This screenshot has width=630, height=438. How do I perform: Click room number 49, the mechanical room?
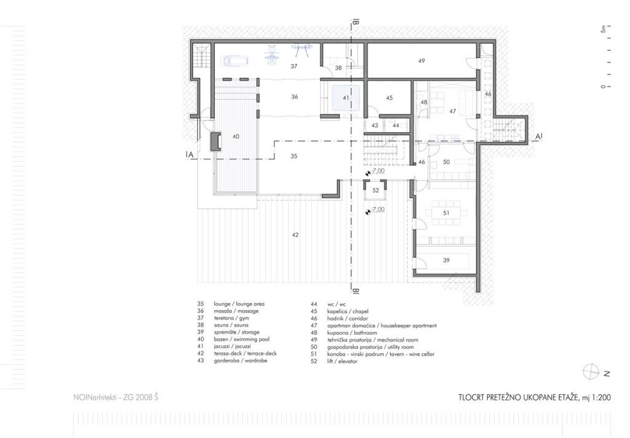tap(421, 61)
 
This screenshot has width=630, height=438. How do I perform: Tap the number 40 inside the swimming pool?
tap(236, 137)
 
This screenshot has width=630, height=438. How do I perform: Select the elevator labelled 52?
tap(375, 190)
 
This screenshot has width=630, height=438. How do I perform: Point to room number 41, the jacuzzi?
tap(346, 98)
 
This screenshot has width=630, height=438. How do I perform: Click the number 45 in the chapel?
tap(389, 98)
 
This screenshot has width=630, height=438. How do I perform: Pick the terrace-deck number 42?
tap(295, 235)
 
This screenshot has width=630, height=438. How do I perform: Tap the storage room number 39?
tap(446, 260)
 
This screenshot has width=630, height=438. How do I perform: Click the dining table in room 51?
tap(446, 213)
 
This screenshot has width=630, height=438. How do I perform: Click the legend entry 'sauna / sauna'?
tap(231, 325)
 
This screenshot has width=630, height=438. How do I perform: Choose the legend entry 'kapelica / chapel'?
tap(348, 311)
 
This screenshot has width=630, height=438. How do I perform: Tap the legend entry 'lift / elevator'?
tap(342, 361)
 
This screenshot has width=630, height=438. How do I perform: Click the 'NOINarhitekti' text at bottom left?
tap(95, 397)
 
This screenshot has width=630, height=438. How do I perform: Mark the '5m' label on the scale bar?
tap(603, 29)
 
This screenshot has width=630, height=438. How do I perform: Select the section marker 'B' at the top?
tap(356, 23)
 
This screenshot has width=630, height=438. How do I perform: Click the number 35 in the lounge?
tap(293, 156)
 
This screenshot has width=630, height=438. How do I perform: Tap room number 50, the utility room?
tap(446, 162)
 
